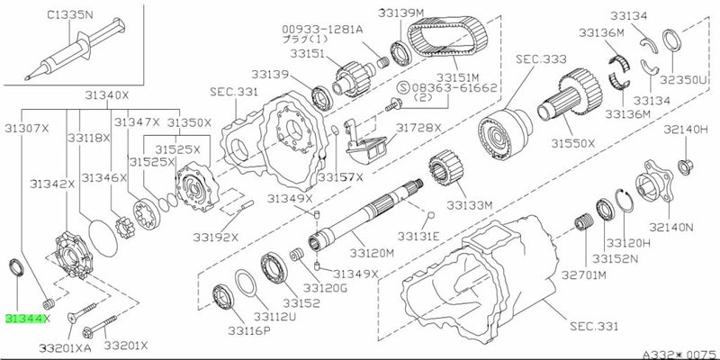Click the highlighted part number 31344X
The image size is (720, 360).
click(28, 319)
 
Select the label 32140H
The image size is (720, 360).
click(687, 130)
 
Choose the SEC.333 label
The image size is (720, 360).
click(540, 58)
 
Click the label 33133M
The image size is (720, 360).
click(474, 205)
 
